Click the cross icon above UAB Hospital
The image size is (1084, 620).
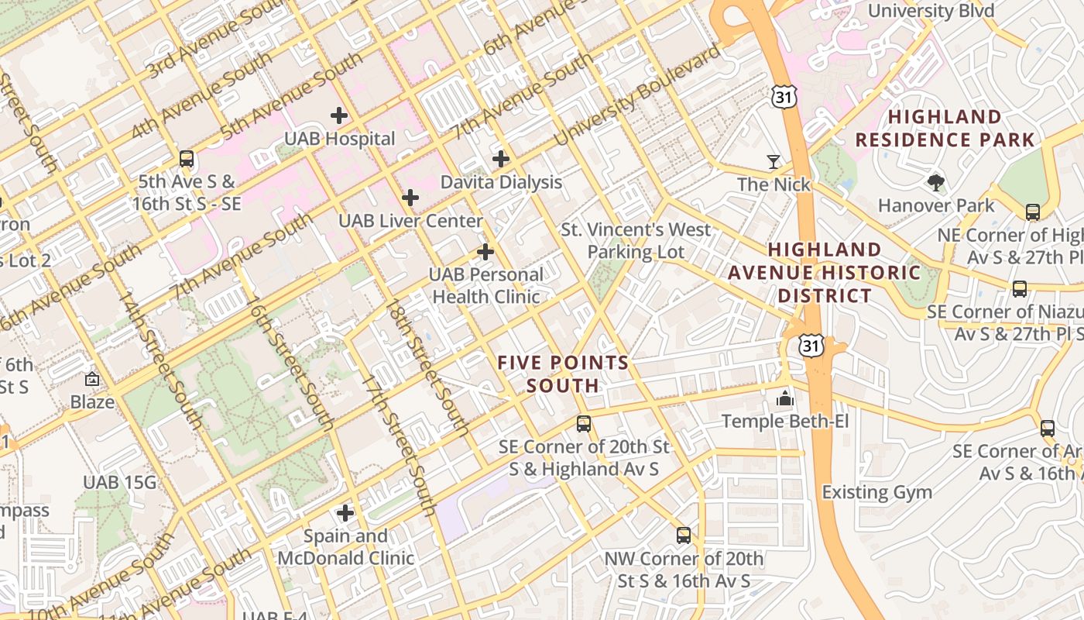(338, 115)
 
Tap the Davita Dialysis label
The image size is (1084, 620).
(501, 182)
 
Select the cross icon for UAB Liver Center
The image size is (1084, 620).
(410, 198)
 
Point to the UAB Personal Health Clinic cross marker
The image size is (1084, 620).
(485, 252)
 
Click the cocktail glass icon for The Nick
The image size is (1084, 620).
(774, 161)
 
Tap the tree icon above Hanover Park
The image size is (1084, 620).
(936, 183)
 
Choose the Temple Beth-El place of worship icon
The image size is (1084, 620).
(785, 398)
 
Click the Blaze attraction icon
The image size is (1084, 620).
(92, 380)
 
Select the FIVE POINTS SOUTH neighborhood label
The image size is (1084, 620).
(563, 374)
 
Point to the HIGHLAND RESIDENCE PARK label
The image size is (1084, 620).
(945, 129)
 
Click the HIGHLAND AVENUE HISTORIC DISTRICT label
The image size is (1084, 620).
(825, 273)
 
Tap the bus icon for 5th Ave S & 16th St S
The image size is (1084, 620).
(187, 159)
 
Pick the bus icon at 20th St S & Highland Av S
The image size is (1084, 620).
(584, 424)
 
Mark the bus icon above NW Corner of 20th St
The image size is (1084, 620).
(684, 536)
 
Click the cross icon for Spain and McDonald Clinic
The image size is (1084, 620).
(345, 513)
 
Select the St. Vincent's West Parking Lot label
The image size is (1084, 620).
(636, 241)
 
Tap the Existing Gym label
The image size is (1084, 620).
(876, 492)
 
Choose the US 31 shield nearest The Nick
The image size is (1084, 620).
(782, 95)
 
